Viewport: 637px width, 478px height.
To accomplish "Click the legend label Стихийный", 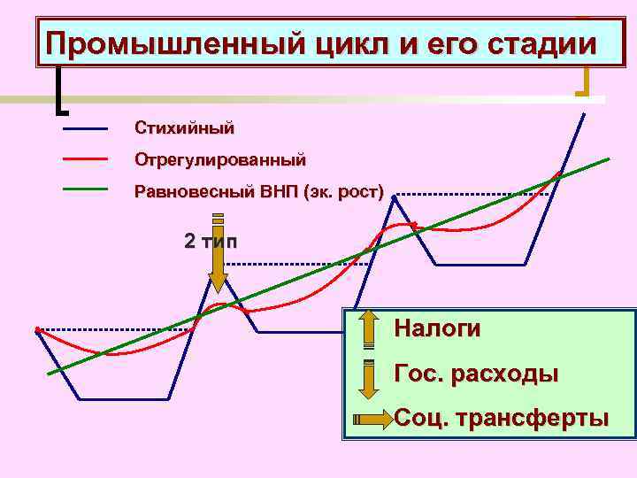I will click(x=185, y=128).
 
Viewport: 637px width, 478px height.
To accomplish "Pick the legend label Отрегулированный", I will click(x=220, y=161).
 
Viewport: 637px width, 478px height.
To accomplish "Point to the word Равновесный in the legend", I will click(x=196, y=191).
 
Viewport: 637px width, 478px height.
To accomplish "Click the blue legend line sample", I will click(x=85, y=129).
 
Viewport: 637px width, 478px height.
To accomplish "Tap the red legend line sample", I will click(x=85, y=159).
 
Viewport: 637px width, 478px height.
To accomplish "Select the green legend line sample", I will click(x=85, y=189).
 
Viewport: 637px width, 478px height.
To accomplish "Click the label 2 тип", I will click(x=211, y=241).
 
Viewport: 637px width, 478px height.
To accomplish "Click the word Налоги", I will click(x=438, y=329).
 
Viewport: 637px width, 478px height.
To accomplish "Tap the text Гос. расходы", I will click(x=476, y=374).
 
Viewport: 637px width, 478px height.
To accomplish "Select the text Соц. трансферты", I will click(x=502, y=418).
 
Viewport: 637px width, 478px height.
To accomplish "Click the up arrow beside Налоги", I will click(x=369, y=330).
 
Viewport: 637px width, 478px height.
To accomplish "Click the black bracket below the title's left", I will click(x=59, y=93).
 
